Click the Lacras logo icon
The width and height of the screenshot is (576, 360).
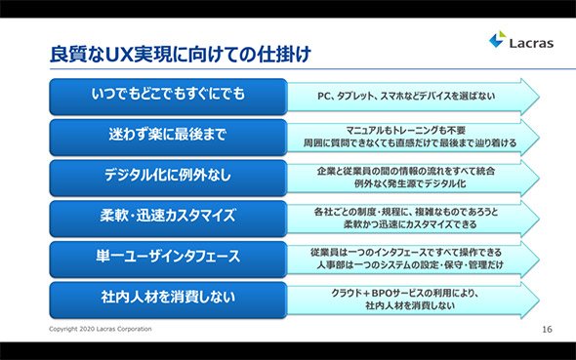tap(498, 39)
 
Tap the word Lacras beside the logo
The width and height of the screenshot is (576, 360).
tap(531, 43)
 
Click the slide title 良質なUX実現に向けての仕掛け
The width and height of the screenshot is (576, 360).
tap(181, 54)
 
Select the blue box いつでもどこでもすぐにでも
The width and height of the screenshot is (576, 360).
tap(168, 97)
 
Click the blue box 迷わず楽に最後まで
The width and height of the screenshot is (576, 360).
tap(168, 138)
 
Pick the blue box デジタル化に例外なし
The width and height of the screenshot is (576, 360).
tap(168, 178)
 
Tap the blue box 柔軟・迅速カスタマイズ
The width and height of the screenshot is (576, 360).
tap(168, 219)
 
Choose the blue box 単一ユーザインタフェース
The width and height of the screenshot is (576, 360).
tap(168, 260)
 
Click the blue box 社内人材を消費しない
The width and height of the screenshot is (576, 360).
tap(168, 300)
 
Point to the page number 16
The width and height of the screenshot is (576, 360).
tap(547, 329)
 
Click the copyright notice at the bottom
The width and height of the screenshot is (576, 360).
tap(101, 329)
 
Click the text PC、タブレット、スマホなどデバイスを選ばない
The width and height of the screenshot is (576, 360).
tap(406, 97)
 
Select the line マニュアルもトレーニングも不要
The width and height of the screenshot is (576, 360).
tap(406, 131)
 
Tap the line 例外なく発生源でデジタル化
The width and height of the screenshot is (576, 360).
tap(410, 183)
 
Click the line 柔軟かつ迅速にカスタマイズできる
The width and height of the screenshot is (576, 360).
tap(410, 224)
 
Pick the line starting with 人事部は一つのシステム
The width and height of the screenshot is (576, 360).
tap(410, 264)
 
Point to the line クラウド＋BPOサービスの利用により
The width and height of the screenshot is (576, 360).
tap(405, 294)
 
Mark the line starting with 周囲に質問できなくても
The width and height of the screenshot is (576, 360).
tap(410, 142)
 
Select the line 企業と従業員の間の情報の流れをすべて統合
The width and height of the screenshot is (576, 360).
tap(406, 171)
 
